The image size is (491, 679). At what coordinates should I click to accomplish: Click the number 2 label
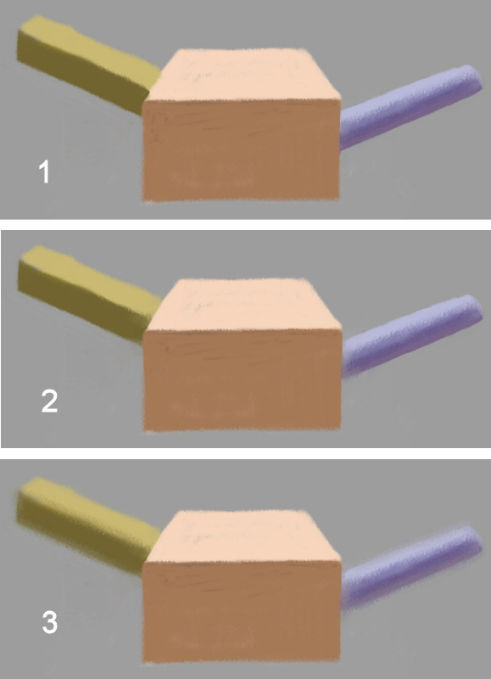click(x=49, y=400)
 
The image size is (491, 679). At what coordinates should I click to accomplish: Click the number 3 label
click(x=49, y=623)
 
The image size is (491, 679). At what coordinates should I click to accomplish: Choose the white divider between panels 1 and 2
click(x=245, y=224)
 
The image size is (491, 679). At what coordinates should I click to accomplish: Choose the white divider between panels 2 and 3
click(x=245, y=454)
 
